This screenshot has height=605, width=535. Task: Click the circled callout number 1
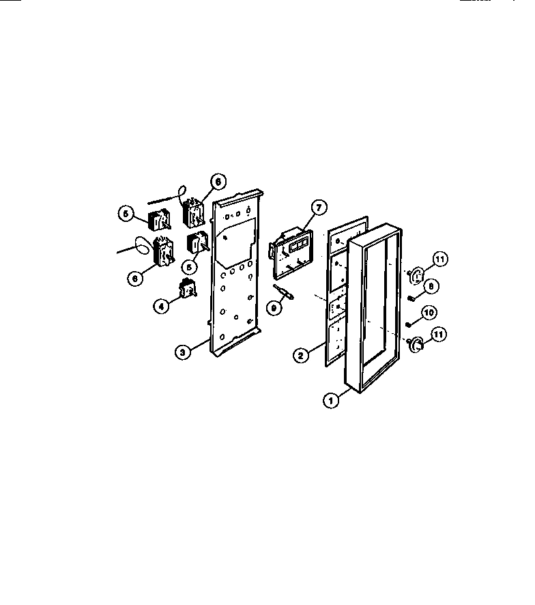point(331,401)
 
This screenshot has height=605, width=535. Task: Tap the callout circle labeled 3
point(181,352)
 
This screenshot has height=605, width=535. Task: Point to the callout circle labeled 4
point(161,307)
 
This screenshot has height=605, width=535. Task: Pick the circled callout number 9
point(275,308)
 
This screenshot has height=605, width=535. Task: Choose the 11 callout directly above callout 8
point(440,259)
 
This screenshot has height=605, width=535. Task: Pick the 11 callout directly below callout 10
point(440,335)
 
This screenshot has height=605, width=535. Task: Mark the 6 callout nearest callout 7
point(217,182)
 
